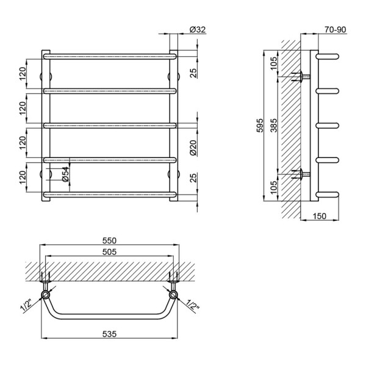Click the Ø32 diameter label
(198, 30)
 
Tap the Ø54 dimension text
(66, 174)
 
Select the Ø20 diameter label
(193, 148)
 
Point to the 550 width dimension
(109, 240)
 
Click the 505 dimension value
(109, 252)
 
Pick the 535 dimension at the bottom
(109, 334)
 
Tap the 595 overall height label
(260, 126)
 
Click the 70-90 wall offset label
(335, 30)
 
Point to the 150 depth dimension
(319, 216)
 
